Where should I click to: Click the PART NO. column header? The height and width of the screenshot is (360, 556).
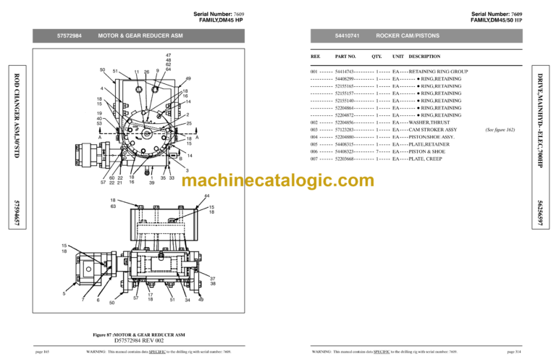(345, 56)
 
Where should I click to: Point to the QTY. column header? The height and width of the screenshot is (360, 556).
(376, 56)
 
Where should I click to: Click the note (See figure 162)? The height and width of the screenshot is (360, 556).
(500, 130)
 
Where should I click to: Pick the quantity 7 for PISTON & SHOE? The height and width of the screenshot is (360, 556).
(378, 151)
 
